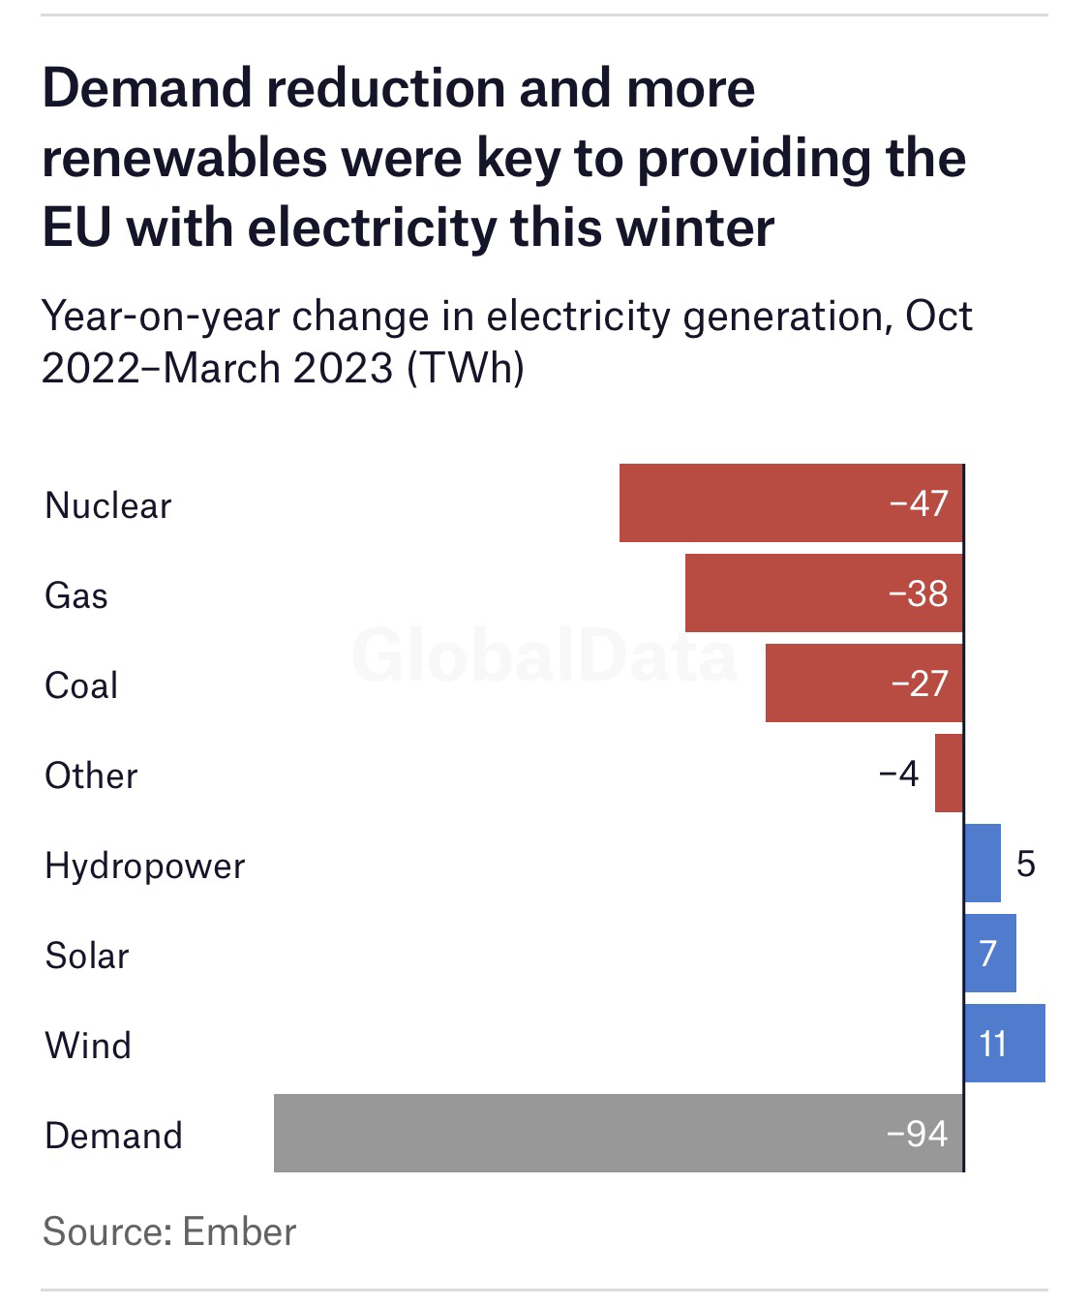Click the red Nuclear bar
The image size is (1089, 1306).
pos(755,502)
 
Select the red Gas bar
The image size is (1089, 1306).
pos(784,592)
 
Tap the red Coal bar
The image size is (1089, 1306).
pos(823,683)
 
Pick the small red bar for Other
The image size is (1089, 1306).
pos(949,773)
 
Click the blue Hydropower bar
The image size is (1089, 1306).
pos(983,863)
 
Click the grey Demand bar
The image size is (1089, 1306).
pos(581,1133)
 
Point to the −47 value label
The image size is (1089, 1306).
pos(919,503)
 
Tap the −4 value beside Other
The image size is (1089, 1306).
pos(898,774)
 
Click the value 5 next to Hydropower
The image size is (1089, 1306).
pos(1026,864)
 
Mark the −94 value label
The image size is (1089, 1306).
pos(918,1134)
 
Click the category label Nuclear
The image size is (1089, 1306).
pos(107,505)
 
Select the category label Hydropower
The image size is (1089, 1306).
pos(145,866)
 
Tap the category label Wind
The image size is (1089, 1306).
pos(88,1046)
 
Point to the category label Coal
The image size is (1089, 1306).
pos(81,685)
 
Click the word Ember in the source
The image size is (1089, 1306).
pos(239,1231)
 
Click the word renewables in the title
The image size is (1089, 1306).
pos(184,158)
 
